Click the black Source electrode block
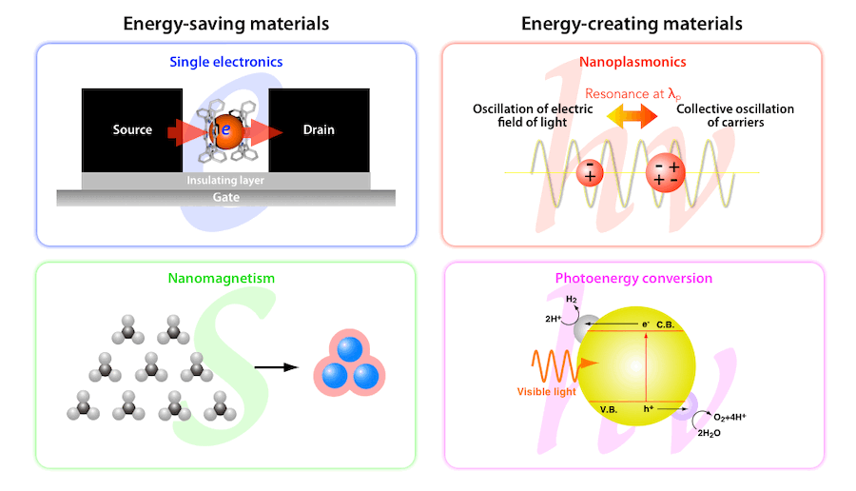pos(132,130)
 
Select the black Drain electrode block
pos(319,130)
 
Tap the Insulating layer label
pos(225,180)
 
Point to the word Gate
pos(226,197)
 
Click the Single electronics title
pos(226,62)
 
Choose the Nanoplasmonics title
pos(632,62)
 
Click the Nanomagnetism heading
pos(221,278)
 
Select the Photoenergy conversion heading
pos(633,278)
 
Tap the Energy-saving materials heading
pos(226,24)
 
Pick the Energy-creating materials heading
pos(632,24)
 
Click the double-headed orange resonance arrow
pos(632,115)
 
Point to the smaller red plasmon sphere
pos(590,172)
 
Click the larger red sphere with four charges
pos(665,172)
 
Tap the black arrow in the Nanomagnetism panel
pos(276,367)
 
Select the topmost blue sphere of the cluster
pos(350,349)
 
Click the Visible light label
pos(547,392)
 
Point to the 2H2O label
pos(709,433)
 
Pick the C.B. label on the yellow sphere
pos(665,324)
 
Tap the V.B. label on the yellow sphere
pos(608,409)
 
